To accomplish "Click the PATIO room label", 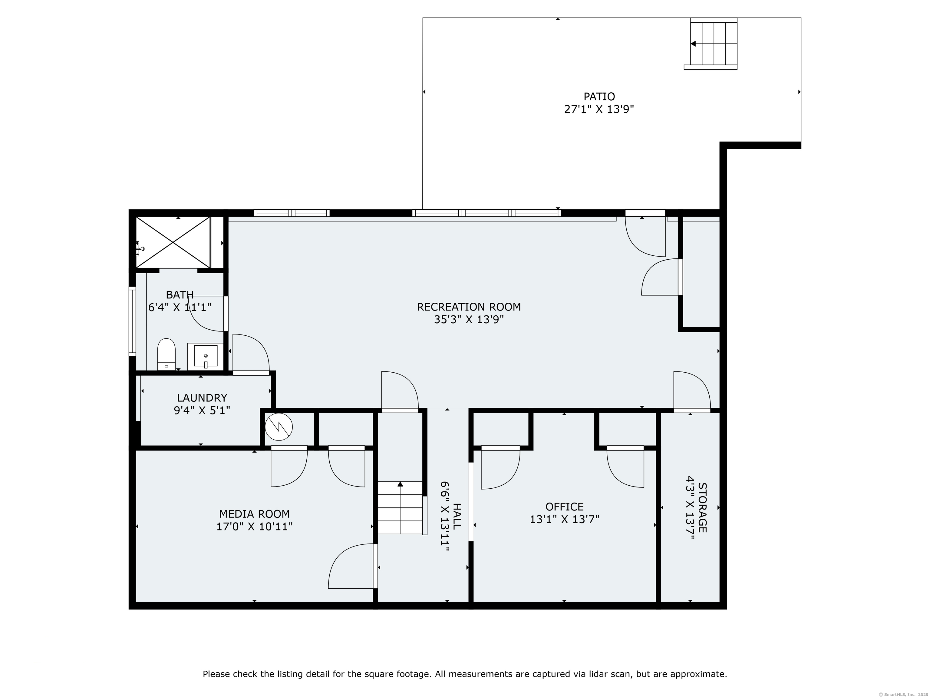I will coord(599,96).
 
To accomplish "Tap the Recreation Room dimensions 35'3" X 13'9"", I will coord(469,320).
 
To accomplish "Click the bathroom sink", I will coord(206,356).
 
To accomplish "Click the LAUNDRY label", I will coord(202,397).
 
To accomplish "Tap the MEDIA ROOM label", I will coord(254,514).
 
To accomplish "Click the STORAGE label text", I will coord(702,508).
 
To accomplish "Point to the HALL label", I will coord(457,516).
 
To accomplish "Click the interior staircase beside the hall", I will coord(400,508).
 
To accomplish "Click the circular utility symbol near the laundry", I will coord(279,427).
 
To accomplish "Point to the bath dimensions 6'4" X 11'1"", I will coord(180,307).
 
